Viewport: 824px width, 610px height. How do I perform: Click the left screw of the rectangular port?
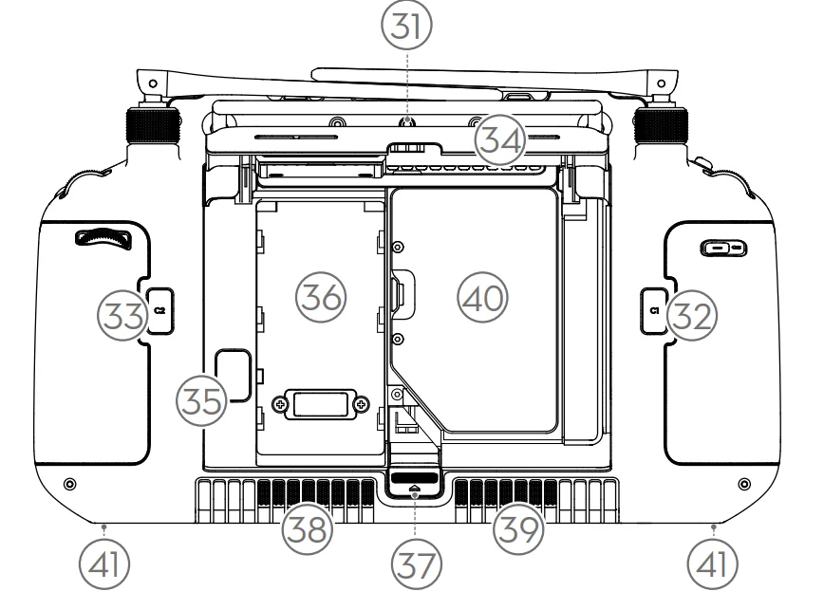277,405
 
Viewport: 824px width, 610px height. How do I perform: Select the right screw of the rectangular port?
361,405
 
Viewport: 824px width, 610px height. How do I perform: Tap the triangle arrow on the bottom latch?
415,488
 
